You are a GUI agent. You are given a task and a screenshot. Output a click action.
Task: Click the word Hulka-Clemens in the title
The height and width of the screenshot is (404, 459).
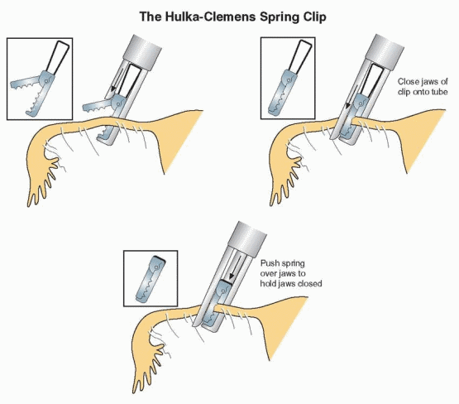pyautogui.click(x=210, y=17)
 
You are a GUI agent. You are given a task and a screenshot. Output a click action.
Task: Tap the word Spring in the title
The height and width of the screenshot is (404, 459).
pyautogui.click(x=279, y=17)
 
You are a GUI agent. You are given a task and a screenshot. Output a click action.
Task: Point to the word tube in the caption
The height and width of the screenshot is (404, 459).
pyautogui.click(x=439, y=92)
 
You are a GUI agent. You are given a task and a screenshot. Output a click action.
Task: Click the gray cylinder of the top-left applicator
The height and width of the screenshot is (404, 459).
pyautogui.click(x=142, y=52)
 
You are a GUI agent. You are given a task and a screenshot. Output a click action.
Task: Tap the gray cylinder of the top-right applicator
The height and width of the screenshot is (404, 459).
pyautogui.click(x=385, y=52)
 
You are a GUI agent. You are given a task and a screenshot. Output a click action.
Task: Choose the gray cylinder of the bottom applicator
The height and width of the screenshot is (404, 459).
pyautogui.click(x=246, y=239)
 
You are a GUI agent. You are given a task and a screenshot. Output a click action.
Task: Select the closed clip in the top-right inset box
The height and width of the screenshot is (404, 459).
pyautogui.click(x=289, y=78)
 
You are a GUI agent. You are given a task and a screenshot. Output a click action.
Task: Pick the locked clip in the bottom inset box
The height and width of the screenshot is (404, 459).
pyautogui.click(x=151, y=278)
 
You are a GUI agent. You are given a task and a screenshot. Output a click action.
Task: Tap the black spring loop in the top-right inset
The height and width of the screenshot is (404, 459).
pyautogui.click(x=300, y=57)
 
